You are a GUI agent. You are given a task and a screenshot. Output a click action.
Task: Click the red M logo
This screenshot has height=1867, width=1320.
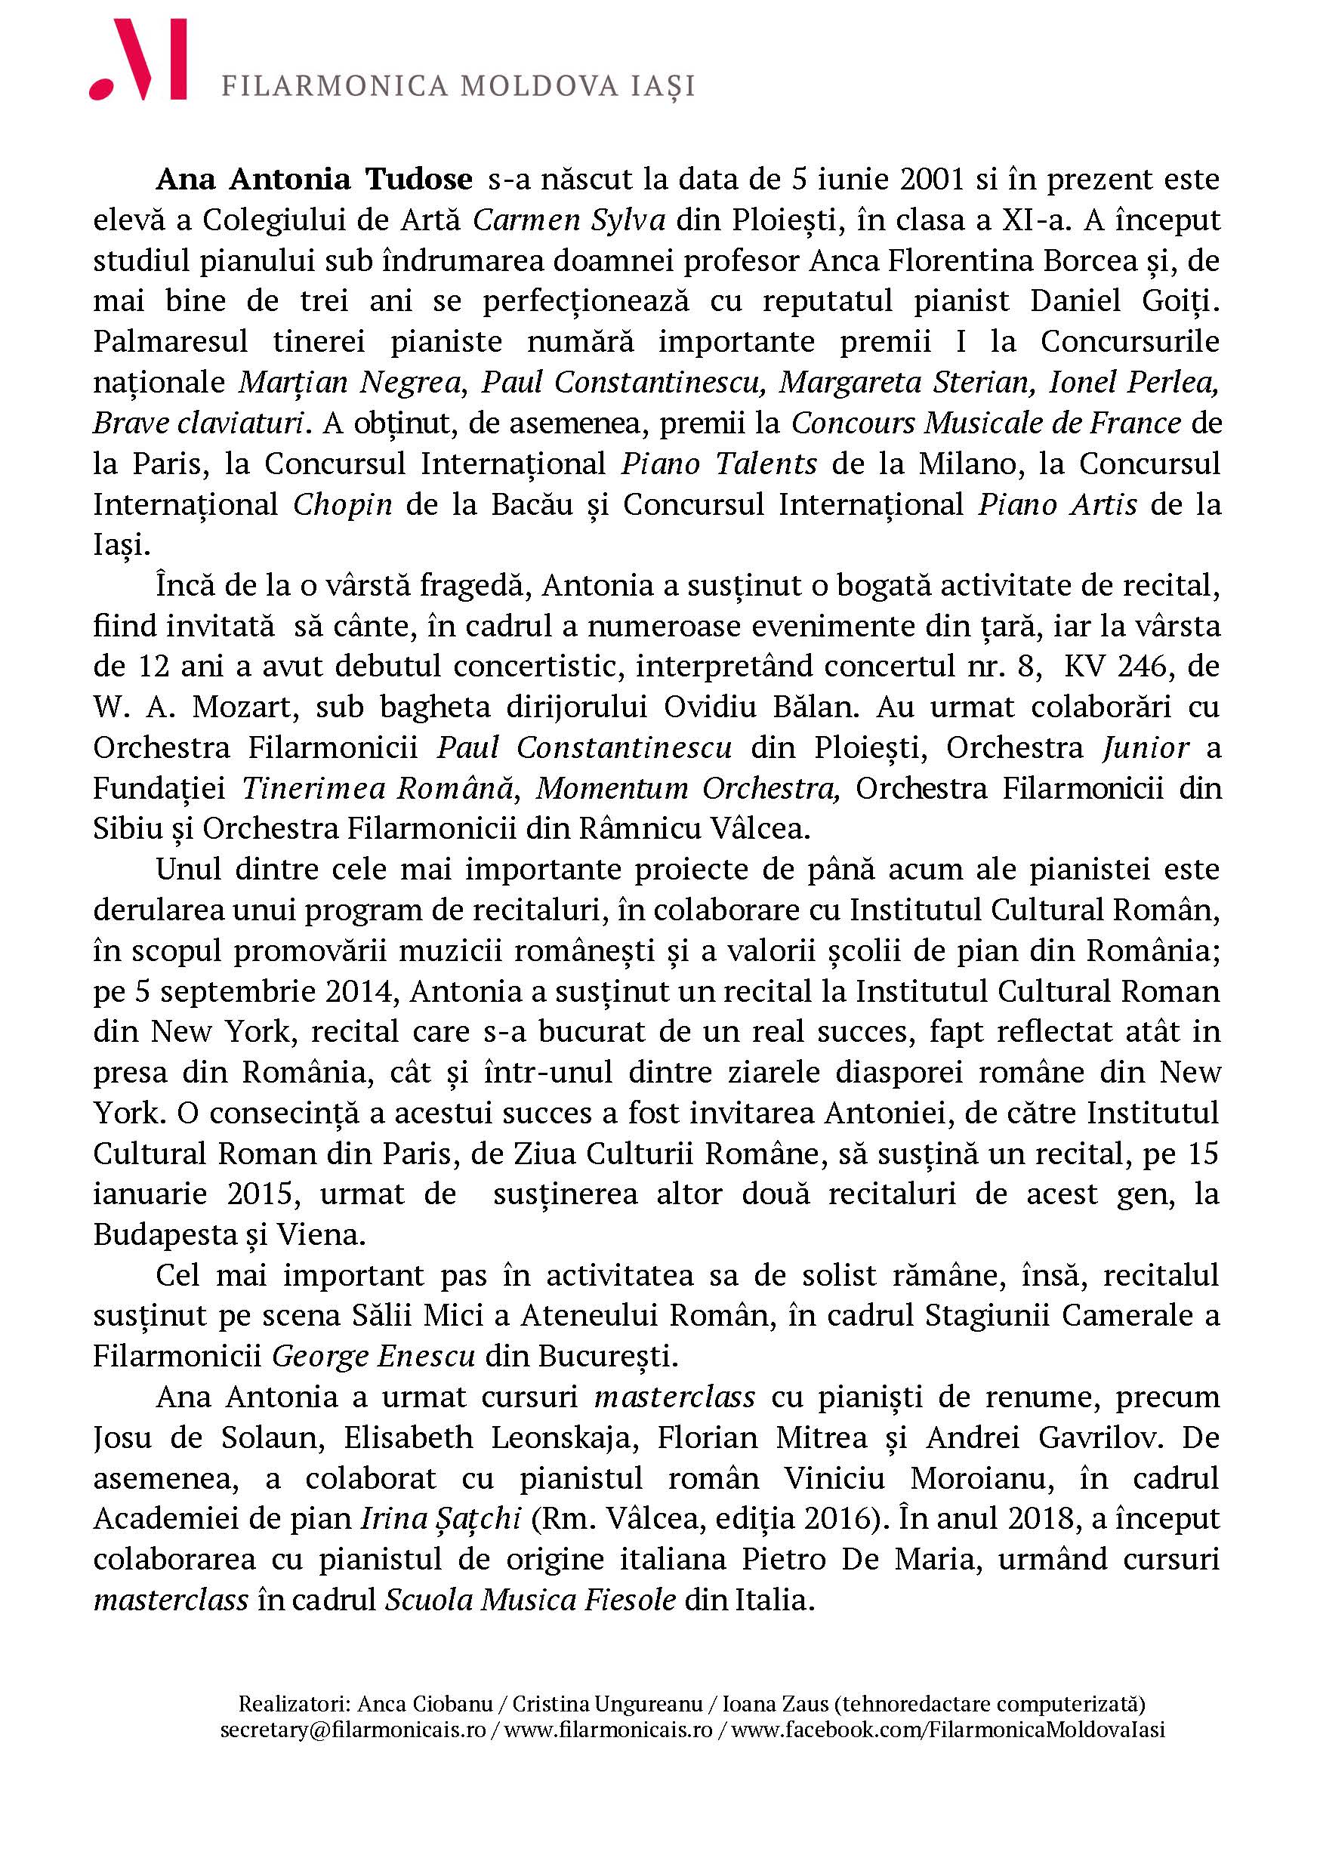coord(138,61)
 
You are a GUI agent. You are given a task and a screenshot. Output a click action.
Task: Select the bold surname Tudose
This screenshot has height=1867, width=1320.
coord(419,180)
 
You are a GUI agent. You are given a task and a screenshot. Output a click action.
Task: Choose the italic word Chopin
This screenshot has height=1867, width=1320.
coord(342,504)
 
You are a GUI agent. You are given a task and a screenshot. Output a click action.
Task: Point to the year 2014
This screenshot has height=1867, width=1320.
coord(362,991)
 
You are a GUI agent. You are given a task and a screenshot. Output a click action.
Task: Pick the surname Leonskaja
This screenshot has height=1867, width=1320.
coord(562,1437)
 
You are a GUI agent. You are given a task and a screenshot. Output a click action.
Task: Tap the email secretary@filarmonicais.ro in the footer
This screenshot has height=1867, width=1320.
coord(352,1728)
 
